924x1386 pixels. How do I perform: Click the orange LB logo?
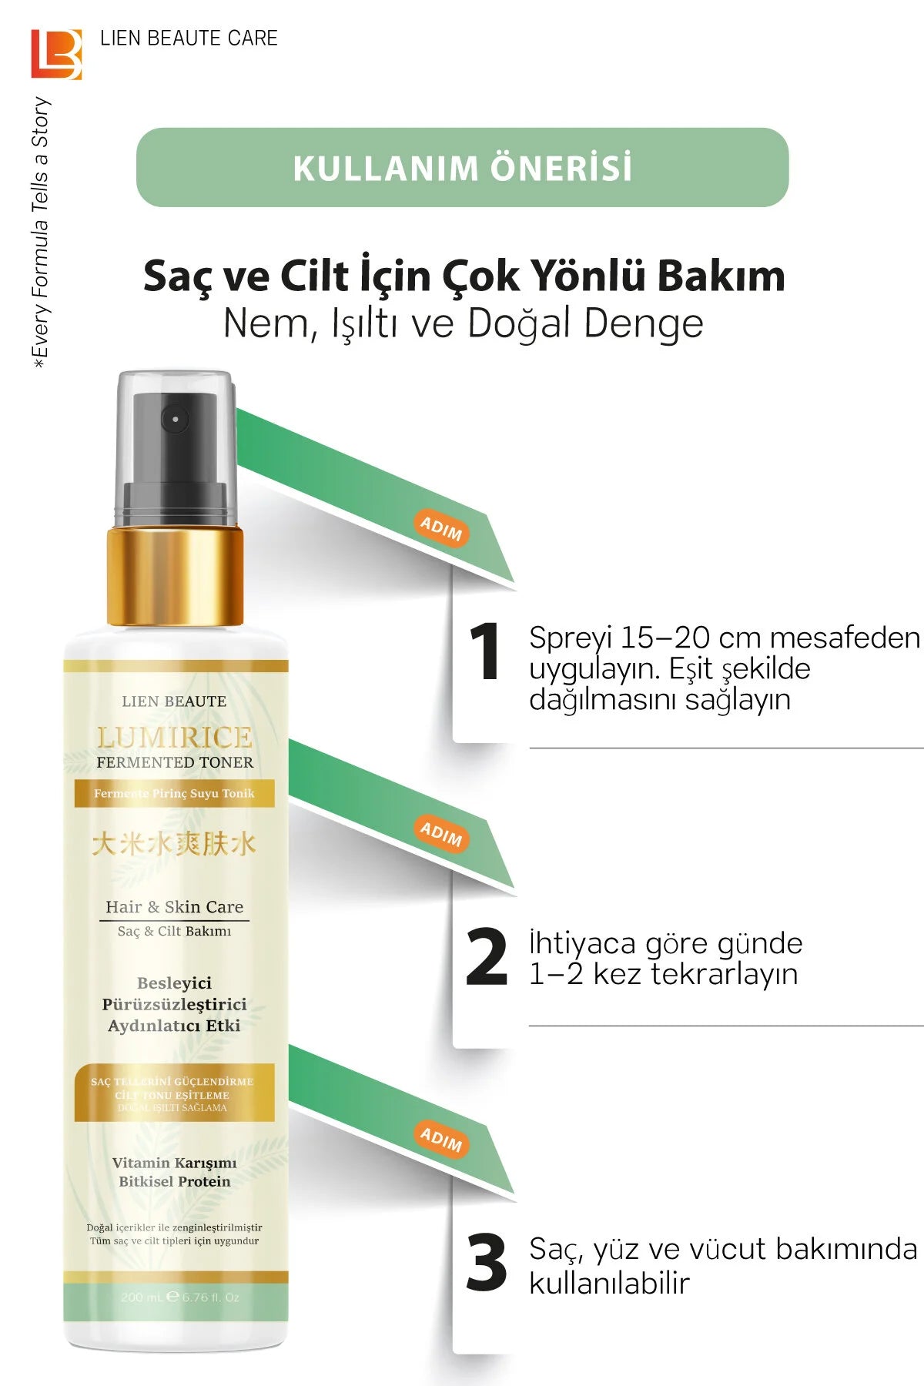click(x=56, y=54)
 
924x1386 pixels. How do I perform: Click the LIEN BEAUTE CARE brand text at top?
click(x=189, y=38)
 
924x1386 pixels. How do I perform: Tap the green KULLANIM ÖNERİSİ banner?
click(x=462, y=167)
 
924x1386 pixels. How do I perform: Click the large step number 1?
click(x=485, y=652)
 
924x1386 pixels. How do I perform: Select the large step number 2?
click(x=487, y=957)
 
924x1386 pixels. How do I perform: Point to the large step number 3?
click(x=487, y=1263)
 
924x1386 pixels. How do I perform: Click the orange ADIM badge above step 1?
click(x=441, y=528)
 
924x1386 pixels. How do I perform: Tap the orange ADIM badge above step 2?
click(x=441, y=833)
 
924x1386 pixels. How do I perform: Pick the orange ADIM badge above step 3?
click(x=441, y=1139)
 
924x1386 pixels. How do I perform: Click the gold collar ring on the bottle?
click(x=175, y=576)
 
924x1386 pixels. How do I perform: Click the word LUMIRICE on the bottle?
click(x=175, y=738)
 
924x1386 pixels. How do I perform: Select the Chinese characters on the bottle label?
click(x=173, y=844)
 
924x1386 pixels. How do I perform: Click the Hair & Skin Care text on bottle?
click(x=175, y=907)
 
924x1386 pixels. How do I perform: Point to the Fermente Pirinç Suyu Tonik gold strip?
click(x=174, y=794)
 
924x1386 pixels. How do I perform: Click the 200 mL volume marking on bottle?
click(x=142, y=1297)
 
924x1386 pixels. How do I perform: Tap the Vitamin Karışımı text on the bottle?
click(x=175, y=1163)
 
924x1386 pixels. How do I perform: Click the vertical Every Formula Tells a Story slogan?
click(x=40, y=231)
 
